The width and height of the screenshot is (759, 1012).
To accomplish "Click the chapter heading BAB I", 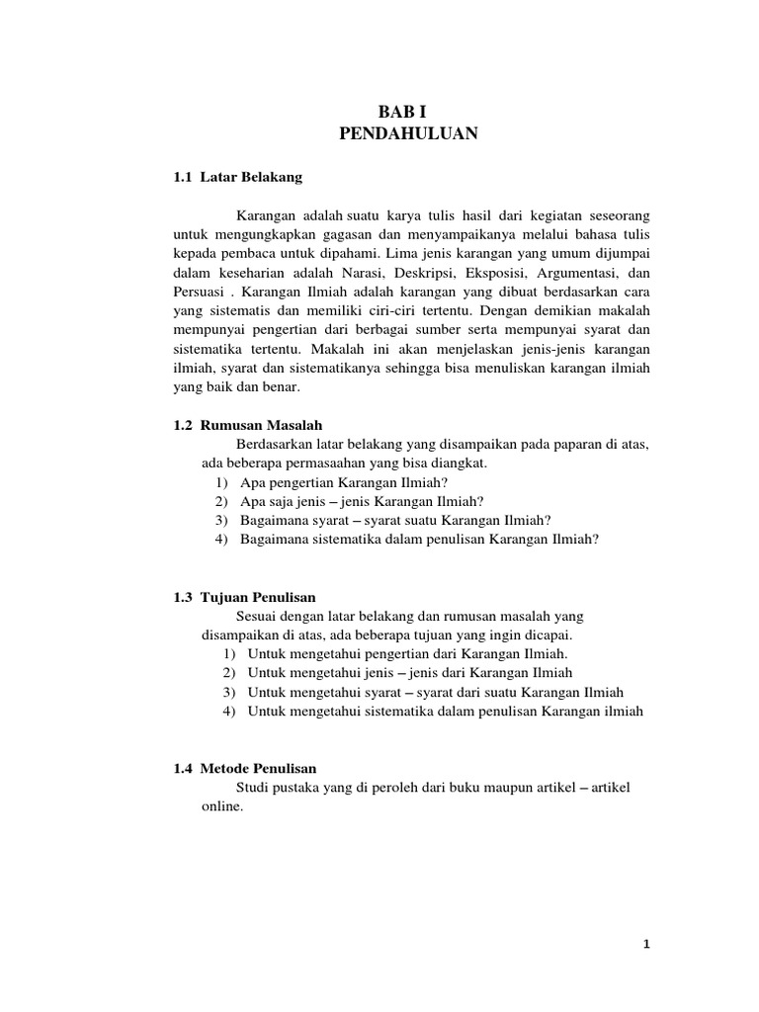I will (408, 112).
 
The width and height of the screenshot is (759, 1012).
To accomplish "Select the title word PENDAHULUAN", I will (408, 133).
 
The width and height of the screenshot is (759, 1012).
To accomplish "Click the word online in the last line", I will (221, 806).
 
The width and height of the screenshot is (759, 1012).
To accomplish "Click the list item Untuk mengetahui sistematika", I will (445, 711).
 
